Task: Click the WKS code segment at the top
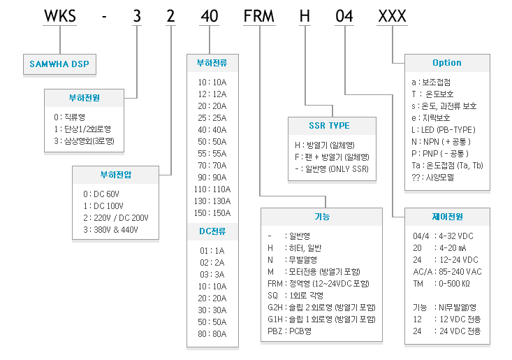(x=60, y=16)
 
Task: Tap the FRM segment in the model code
(x=259, y=16)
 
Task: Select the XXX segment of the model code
(x=392, y=16)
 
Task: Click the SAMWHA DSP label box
(x=59, y=64)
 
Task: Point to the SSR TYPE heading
(x=329, y=126)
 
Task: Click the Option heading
(x=447, y=63)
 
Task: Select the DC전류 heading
(x=212, y=231)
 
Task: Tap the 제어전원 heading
(x=447, y=217)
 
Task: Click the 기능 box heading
(x=322, y=217)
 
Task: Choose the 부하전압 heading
(x=115, y=175)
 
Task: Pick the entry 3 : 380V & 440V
(x=110, y=230)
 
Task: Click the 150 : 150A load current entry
(x=212, y=213)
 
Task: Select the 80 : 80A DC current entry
(x=212, y=334)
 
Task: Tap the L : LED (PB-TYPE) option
(x=444, y=130)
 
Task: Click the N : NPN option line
(x=441, y=142)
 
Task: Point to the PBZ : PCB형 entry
(x=289, y=331)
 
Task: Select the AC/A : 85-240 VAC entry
(x=447, y=272)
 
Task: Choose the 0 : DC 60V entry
(x=101, y=194)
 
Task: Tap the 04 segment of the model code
(x=344, y=16)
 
